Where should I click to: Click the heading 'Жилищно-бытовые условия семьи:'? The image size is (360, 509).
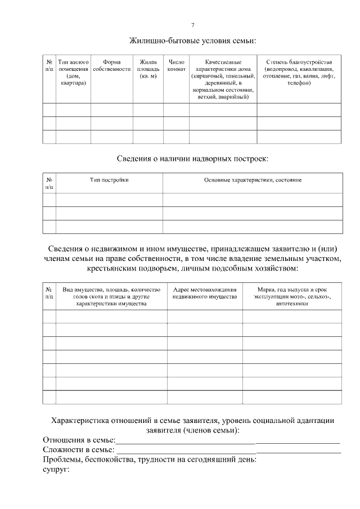point(193,40)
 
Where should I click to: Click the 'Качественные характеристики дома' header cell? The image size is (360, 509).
point(223,79)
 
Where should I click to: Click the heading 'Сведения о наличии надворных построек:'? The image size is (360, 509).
point(193,159)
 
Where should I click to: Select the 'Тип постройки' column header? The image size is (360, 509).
point(109,180)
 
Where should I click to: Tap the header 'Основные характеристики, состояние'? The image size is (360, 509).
point(253,180)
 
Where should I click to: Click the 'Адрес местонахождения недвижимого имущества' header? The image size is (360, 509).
point(204,293)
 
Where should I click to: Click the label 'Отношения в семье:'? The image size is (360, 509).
point(79,440)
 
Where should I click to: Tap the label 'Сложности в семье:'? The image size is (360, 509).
point(78,450)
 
